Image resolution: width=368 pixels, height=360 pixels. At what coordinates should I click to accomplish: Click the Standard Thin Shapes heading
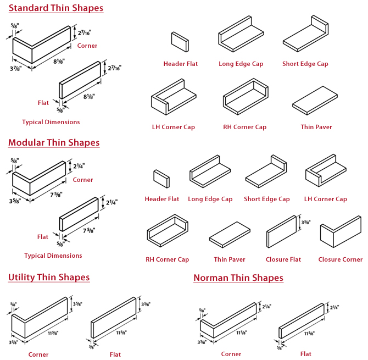(x=55, y=8)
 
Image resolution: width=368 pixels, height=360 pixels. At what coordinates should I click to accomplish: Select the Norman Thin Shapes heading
(x=238, y=278)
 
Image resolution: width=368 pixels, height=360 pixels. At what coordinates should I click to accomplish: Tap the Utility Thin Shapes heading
(x=49, y=277)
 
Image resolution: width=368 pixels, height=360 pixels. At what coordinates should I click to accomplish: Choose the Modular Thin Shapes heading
(x=54, y=143)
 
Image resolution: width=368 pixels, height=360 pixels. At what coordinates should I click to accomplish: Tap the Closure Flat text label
(x=283, y=259)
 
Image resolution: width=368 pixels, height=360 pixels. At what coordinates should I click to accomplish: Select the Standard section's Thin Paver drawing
(x=316, y=102)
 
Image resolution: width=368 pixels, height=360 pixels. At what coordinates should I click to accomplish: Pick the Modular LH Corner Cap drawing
(x=325, y=172)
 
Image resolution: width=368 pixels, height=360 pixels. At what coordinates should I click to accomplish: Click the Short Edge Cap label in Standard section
(x=305, y=64)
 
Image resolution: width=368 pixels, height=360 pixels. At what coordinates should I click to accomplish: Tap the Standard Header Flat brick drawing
(x=180, y=41)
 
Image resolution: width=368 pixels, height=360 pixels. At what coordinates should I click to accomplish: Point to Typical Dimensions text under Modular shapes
(x=53, y=256)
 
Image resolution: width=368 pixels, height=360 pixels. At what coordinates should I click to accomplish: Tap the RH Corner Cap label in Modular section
(x=167, y=259)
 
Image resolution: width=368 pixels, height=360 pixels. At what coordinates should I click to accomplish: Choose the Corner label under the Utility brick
(x=38, y=355)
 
